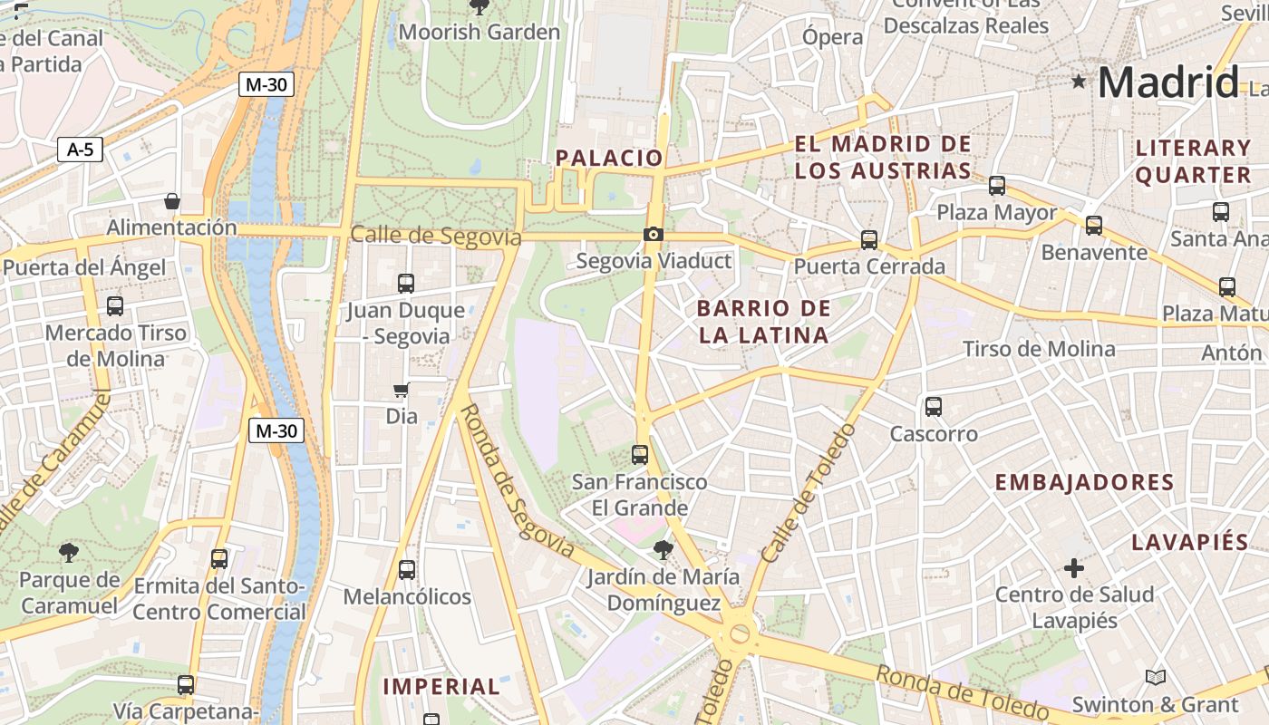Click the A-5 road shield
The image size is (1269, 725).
(80, 150)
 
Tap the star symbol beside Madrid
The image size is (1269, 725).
(1078, 82)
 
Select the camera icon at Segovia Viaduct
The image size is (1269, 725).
(653, 235)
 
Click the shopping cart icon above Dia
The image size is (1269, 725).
(402, 391)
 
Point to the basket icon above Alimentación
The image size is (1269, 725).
(172, 200)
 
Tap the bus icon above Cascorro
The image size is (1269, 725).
(934, 407)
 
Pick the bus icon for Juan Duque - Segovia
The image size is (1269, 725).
(405, 283)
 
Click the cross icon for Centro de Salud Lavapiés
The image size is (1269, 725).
(1074, 568)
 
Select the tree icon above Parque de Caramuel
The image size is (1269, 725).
(69, 552)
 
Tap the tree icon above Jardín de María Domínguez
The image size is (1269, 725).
(664, 549)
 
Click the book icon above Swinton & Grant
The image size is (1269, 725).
(1155, 677)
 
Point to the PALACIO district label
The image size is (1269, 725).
(609, 158)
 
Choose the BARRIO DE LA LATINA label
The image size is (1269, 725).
(763, 322)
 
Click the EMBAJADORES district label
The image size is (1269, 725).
(1084, 482)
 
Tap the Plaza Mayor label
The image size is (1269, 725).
(996, 213)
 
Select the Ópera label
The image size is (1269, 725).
(832, 37)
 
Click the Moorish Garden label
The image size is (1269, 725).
(480, 33)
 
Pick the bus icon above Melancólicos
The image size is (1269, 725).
(407, 570)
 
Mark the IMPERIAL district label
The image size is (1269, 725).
(441, 687)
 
